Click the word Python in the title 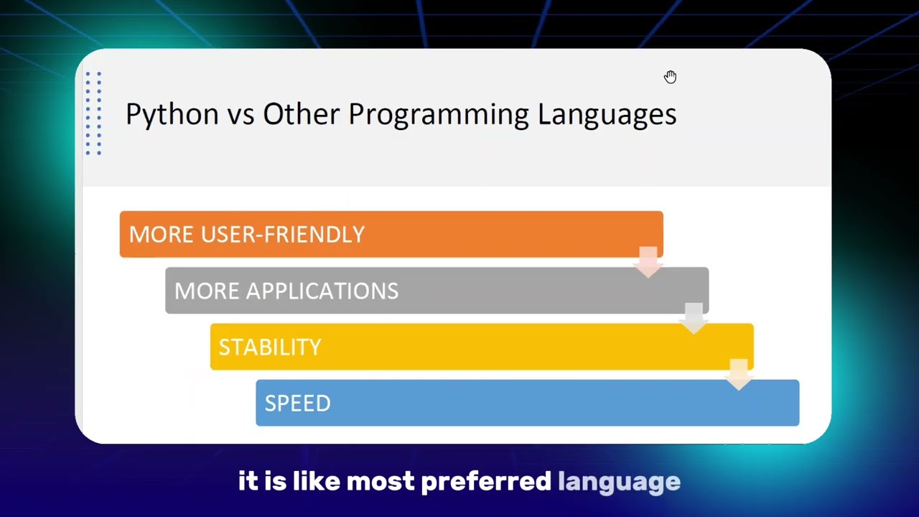point(172,115)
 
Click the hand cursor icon point(670,77)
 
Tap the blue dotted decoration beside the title point(93,113)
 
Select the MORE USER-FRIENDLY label point(246,235)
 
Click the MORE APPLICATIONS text point(286,291)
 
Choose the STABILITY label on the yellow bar point(270,348)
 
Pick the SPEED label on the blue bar point(297,404)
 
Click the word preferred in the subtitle point(485,482)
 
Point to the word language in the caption point(619,482)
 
